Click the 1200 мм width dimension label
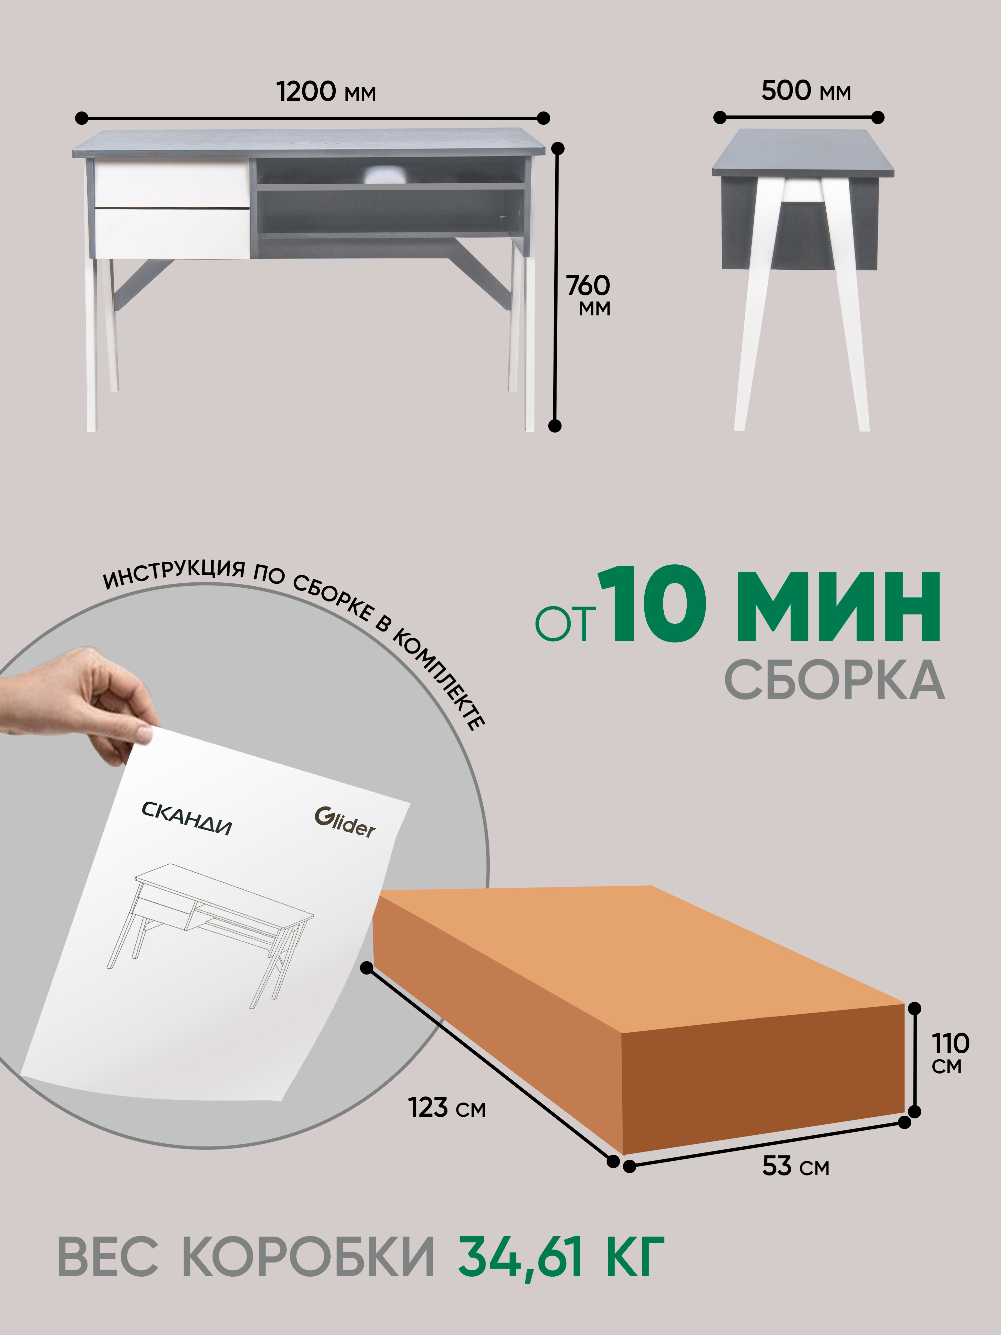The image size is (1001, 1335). click(x=326, y=92)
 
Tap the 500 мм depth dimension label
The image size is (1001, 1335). click(x=805, y=90)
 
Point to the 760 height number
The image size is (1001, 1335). click(x=588, y=285)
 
